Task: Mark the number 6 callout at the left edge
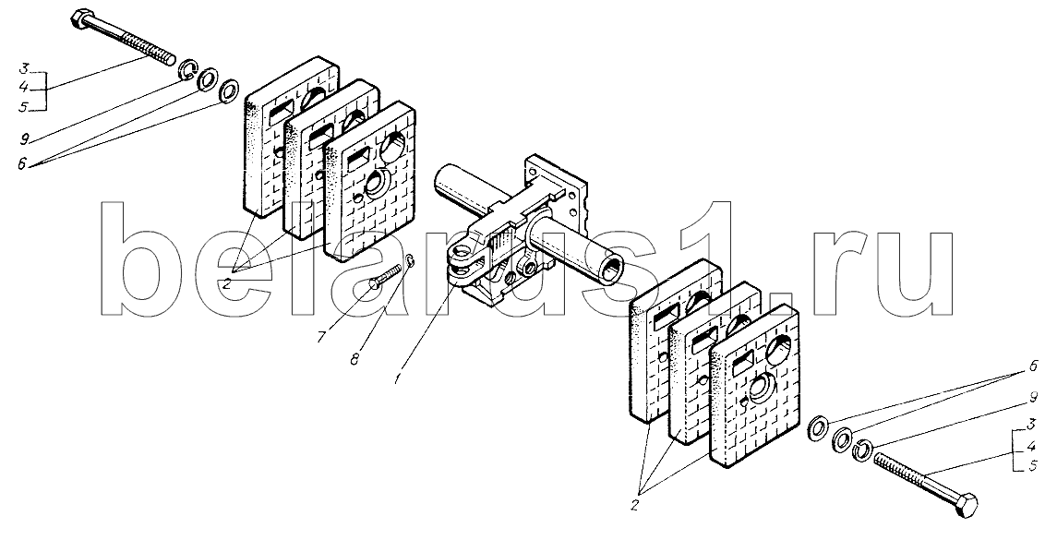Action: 24,163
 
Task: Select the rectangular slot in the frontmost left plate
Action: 354,162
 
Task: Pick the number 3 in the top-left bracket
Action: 24,68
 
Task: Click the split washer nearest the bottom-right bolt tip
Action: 862,449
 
